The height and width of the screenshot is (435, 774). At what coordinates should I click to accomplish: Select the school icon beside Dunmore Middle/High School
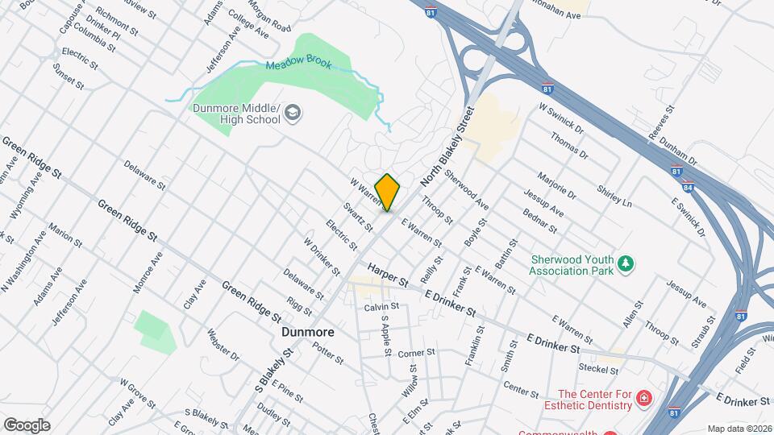293,114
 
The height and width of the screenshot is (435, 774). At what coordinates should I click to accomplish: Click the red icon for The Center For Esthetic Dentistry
643,398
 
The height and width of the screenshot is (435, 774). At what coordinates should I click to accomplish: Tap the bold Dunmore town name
308,331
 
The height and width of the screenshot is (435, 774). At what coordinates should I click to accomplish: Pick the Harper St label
389,273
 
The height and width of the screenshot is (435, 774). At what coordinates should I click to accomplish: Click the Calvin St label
381,307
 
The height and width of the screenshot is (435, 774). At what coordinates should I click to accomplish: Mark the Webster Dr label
223,344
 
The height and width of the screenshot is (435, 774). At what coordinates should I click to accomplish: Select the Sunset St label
68,77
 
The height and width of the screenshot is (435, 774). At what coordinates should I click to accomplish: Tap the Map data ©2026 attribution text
738,429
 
